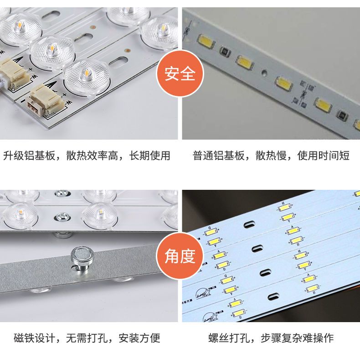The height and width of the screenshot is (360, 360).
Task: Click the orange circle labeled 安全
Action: click(180, 73)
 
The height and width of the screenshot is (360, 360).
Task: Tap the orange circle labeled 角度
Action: click(180, 256)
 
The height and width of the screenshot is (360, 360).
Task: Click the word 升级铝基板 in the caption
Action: click(29, 156)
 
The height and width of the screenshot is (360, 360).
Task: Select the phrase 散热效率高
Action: click(92, 156)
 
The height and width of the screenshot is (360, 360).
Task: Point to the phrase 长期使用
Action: click(149, 156)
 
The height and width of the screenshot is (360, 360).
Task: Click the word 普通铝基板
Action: click(218, 156)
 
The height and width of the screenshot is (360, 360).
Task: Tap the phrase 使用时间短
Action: click(323, 156)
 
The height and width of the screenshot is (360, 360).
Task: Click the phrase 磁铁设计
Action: click(35, 338)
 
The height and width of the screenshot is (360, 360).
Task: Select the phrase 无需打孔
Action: click(87, 338)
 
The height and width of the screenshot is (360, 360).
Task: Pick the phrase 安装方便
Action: click(139, 338)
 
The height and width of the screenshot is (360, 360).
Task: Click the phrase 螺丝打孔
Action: click(229, 338)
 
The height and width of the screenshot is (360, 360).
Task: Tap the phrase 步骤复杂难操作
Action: click(297, 338)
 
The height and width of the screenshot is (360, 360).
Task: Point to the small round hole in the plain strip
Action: click(264, 73)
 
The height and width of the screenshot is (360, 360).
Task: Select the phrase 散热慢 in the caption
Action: click(271, 156)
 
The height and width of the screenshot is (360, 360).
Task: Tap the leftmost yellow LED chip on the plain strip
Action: click(206, 41)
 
